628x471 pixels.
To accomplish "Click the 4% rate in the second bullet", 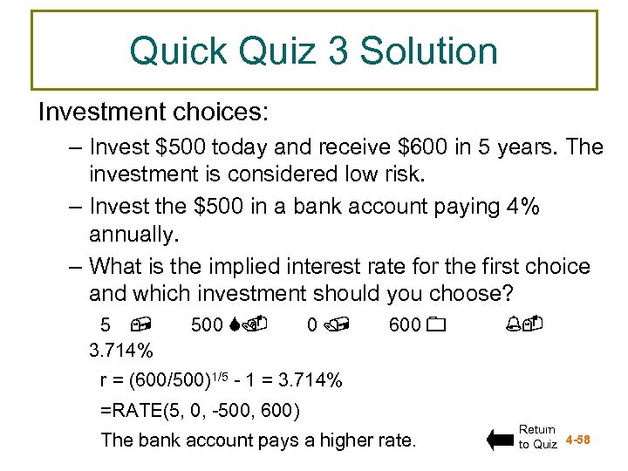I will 521,207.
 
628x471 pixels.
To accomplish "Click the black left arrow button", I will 500,439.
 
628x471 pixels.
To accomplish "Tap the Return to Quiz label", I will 538,436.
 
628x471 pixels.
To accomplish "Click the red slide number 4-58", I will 578,439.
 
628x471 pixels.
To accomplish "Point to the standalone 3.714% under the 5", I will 121,352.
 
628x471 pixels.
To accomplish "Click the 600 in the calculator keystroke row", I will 405,325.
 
